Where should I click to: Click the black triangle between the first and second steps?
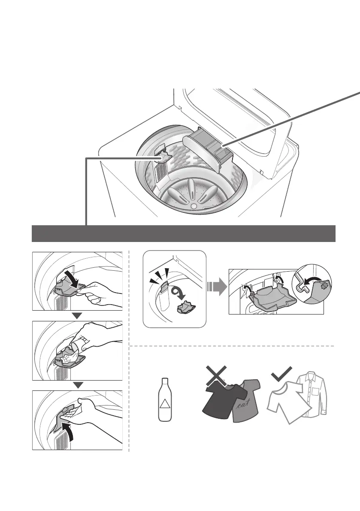click(78, 316)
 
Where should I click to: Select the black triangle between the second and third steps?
click(78, 385)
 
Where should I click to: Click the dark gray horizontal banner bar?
click(184, 233)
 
